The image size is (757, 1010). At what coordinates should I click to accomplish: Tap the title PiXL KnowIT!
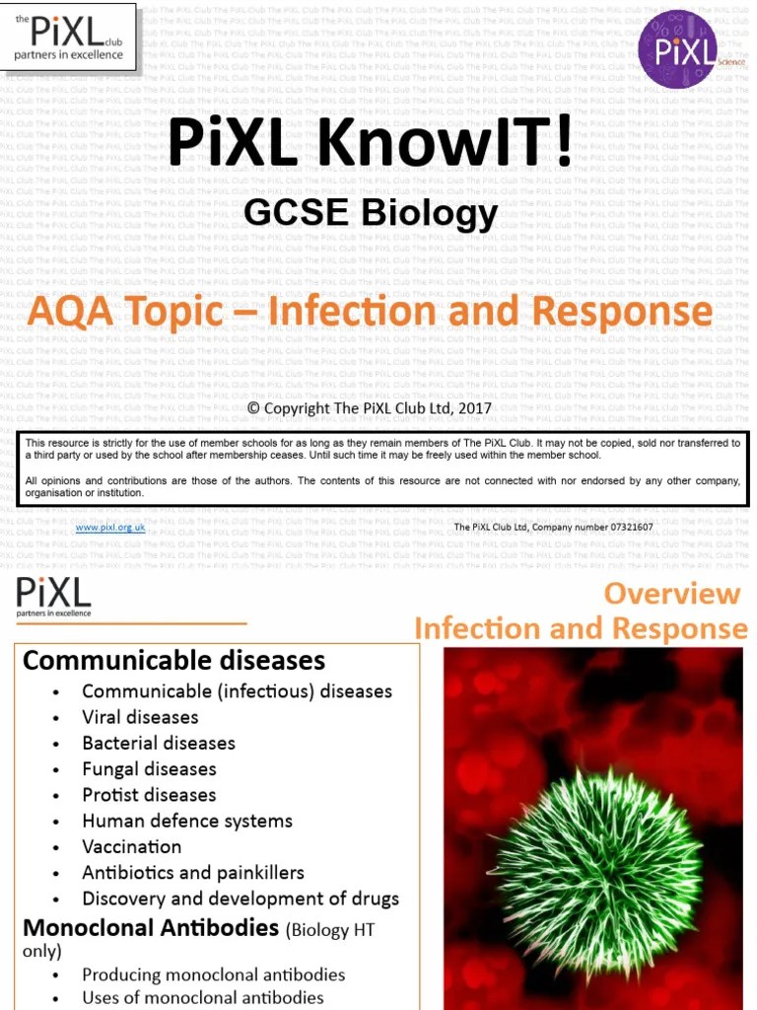pyautogui.click(x=370, y=144)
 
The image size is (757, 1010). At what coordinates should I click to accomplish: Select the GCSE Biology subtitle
pyautogui.click(x=371, y=212)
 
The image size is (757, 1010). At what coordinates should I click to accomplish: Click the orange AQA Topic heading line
pyautogui.click(x=370, y=312)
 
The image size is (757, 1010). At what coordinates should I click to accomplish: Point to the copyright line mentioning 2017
pyautogui.click(x=369, y=407)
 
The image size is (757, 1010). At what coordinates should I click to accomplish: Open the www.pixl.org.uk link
pyautogui.click(x=110, y=528)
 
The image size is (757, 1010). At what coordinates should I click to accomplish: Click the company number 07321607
pyautogui.click(x=622, y=528)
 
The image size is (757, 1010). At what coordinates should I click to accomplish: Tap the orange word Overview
pyautogui.click(x=672, y=594)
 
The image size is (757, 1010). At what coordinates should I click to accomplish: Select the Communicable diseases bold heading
pyautogui.click(x=174, y=660)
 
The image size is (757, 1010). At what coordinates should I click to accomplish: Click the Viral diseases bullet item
pyautogui.click(x=140, y=717)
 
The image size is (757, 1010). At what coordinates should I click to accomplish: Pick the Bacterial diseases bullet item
pyautogui.click(x=159, y=743)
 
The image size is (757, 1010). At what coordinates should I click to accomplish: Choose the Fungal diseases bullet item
pyautogui.click(x=149, y=768)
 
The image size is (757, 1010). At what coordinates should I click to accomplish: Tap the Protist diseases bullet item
pyautogui.click(x=149, y=794)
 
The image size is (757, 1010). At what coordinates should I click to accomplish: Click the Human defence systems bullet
pyautogui.click(x=187, y=821)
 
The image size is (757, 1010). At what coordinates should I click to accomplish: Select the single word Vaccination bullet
pyautogui.click(x=132, y=846)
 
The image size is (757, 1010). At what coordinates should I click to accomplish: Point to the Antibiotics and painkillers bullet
pyautogui.click(x=193, y=872)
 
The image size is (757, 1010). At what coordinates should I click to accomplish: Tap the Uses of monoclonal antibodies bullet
pyautogui.click(x=203, y=997)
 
